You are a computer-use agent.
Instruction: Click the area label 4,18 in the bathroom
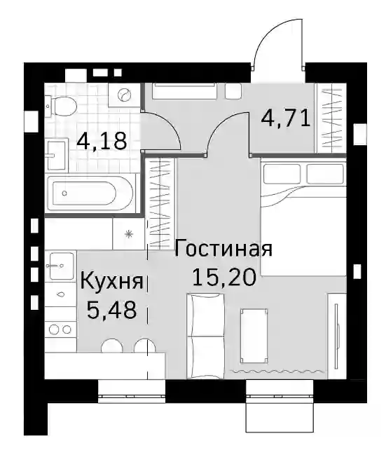102,141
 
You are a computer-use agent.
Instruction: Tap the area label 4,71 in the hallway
286,118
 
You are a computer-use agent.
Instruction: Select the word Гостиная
223,248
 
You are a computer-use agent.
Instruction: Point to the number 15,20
224,278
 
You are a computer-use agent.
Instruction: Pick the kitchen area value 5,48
111,311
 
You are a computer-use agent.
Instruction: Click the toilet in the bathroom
61,106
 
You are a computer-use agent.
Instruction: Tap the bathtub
90,193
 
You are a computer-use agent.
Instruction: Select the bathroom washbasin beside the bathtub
56,156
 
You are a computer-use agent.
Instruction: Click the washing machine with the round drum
125,95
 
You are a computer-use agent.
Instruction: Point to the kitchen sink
61,266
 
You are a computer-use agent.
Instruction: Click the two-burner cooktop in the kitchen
60,329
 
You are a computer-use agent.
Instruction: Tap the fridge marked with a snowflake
129,234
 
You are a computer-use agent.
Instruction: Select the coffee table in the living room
254,336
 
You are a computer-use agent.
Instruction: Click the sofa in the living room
205,336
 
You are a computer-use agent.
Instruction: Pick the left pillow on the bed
282,174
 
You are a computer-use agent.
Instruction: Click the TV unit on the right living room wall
337,336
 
